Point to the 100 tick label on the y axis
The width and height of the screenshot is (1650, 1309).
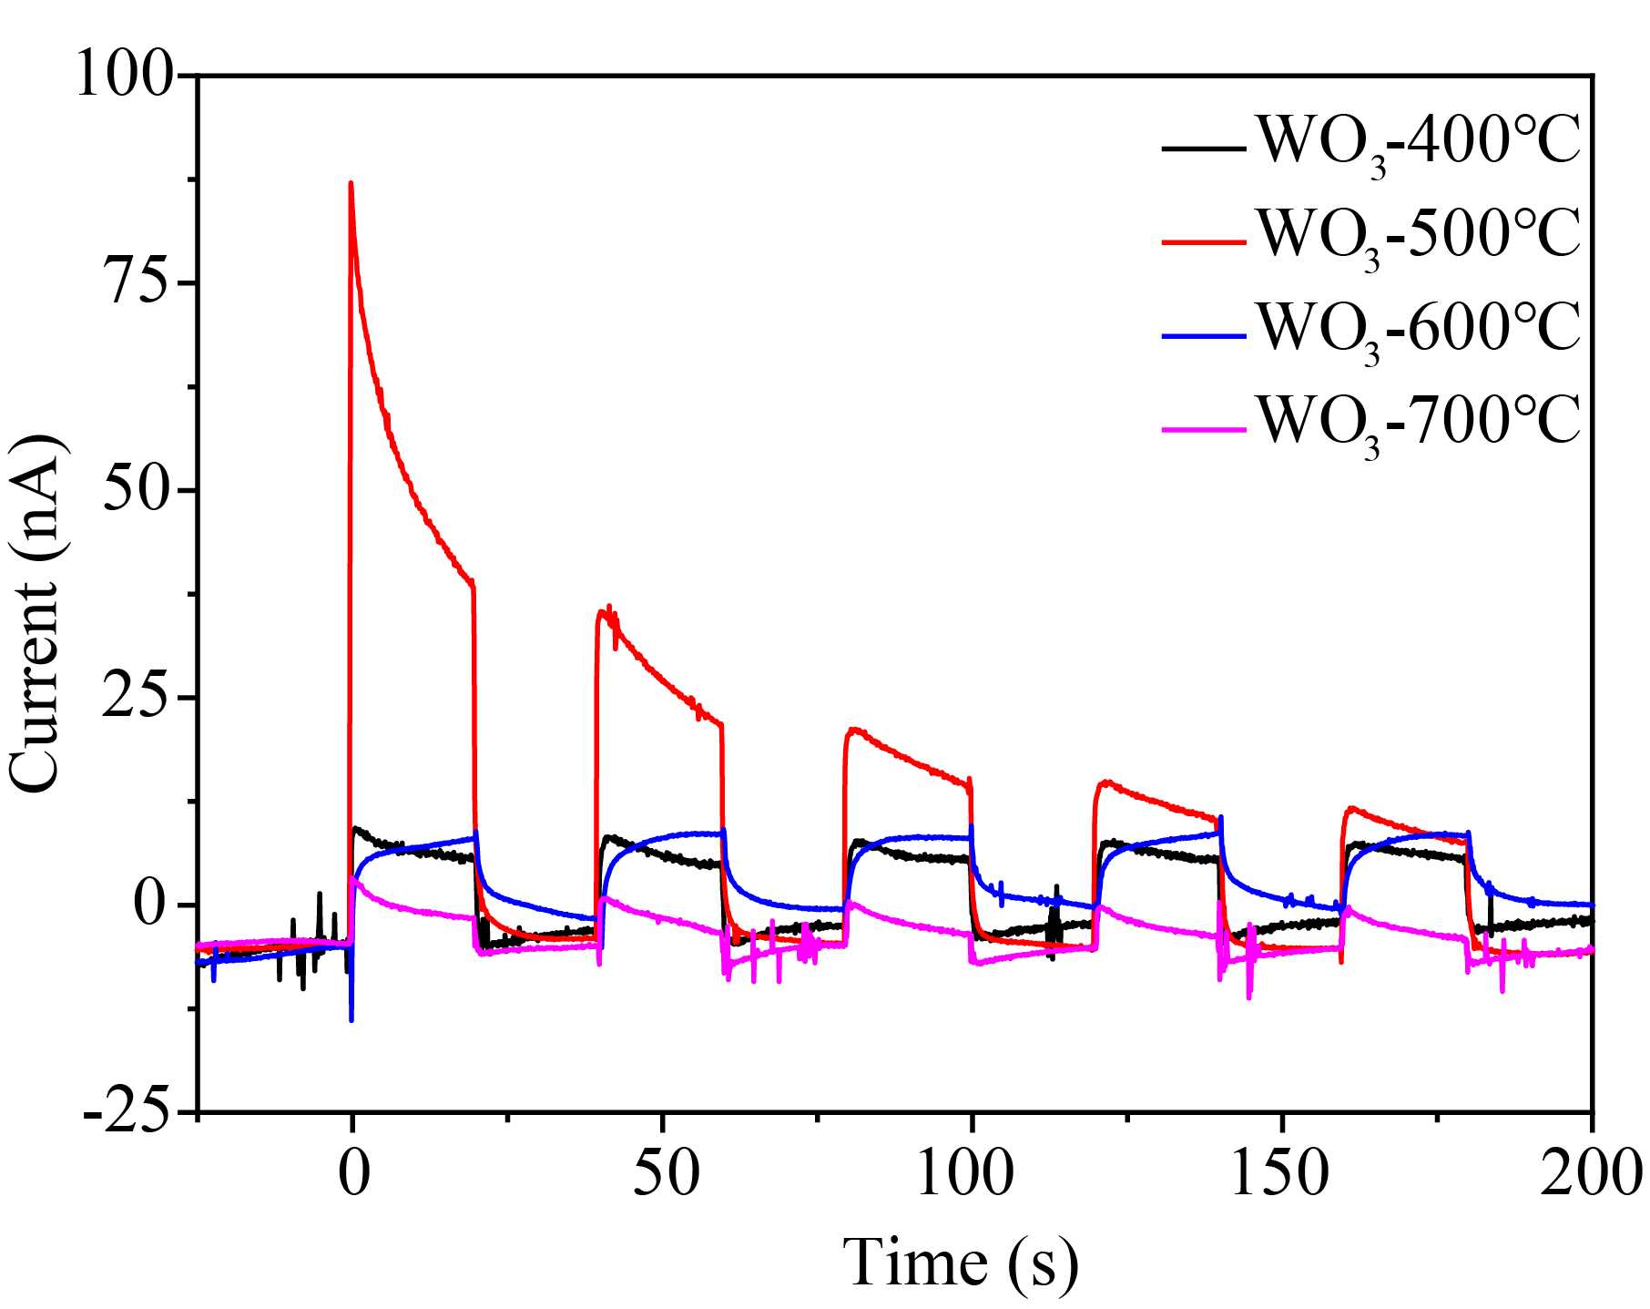124,75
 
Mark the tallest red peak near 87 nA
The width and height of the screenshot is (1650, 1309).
351,185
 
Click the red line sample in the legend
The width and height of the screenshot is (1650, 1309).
1204,241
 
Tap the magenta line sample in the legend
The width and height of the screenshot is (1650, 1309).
1204,427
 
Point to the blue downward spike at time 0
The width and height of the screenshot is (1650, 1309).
351,1016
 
